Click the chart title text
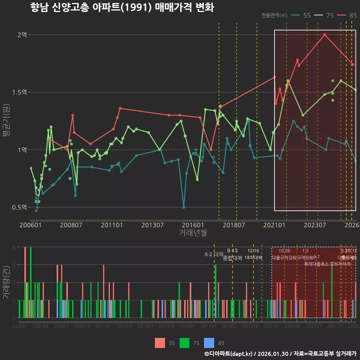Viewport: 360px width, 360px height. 122,7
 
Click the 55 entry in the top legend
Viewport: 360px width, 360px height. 306,15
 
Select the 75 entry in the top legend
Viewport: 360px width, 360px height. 330,15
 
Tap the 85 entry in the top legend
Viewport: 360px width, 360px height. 352,15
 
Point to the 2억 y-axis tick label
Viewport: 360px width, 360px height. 22,35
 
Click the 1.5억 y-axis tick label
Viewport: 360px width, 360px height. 20,92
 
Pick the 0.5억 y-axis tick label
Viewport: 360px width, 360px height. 20,207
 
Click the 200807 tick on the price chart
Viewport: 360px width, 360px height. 71,225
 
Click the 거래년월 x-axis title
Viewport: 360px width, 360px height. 193,232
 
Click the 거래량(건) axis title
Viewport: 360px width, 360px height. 6,282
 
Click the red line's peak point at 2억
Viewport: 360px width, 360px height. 325,35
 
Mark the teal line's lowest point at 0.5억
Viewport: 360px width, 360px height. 184,207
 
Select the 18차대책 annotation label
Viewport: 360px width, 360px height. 253,258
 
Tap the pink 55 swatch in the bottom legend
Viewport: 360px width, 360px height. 160,343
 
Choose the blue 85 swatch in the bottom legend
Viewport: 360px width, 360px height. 209,343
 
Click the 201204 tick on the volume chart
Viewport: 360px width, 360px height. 124,326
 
